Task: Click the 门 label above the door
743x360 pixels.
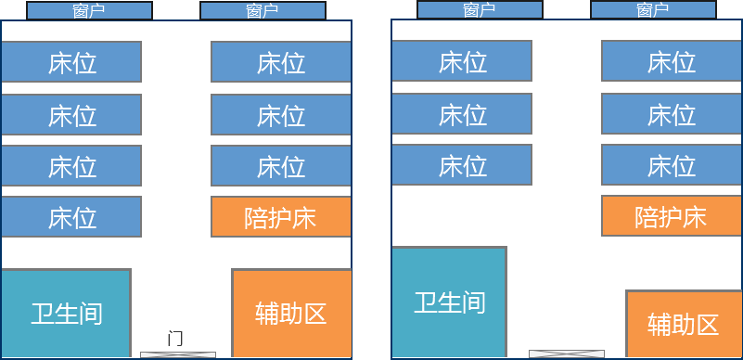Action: [x=175, y=340]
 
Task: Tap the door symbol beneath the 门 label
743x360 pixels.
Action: [x=178, y=354]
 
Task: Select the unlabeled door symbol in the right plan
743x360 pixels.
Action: [x=567, y=354]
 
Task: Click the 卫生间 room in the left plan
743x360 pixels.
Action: [x=66, y=313]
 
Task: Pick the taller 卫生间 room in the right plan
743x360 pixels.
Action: [x=449, y=302]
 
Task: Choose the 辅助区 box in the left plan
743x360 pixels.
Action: [x=291, y=313]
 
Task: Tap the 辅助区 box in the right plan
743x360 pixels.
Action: [x=684, y=324]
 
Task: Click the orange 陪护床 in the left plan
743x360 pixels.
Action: [x=281, y=216]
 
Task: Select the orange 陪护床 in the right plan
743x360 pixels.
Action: [x=672, y=215]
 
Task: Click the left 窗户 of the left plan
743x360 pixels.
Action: [x=89, y=10]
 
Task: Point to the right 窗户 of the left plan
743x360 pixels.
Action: [x=263, y=10]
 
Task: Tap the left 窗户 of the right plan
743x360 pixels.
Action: [x=480, y=9]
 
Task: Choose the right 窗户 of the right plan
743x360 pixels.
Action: [x=653, y=9]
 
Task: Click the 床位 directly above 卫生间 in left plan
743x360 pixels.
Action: [x=71, y=216]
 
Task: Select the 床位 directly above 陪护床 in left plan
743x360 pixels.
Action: [x=281, y=165]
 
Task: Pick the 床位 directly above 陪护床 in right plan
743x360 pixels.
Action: [x=672, y=164]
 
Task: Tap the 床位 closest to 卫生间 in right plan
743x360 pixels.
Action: [x=462, y=164]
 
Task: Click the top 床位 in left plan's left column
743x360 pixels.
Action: [x=71, y=61]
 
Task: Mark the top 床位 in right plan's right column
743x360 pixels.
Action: [x=672, y=60]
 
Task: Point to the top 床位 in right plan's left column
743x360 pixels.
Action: [x=462, y=60]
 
